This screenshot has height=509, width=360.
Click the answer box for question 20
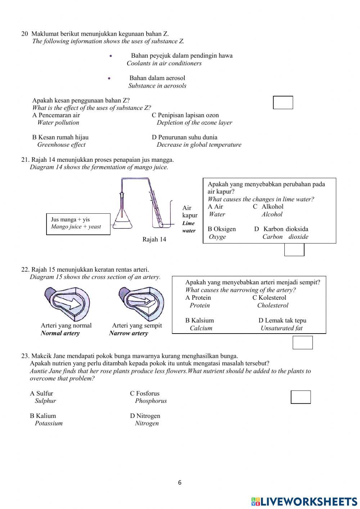[283, 103]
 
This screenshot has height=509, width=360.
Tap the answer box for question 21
[294, 250]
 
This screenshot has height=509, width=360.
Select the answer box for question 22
[302, 343]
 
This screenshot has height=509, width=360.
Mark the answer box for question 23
[301, 397]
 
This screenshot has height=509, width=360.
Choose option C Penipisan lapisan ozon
[185, 115]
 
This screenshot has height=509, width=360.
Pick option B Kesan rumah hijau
[60, 137]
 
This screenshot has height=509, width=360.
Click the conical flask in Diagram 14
[123, 218]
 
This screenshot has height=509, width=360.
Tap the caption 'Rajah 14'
[154, 240]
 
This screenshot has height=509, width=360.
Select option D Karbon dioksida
[281, 229]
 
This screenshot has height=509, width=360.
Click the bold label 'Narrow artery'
[129, 333]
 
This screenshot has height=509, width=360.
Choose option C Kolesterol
[269, 298]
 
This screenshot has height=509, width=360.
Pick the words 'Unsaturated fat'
[282, 328]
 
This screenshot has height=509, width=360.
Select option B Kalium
[43, 416]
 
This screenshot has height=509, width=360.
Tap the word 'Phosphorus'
[151, 401]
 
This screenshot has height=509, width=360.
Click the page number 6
[180, 483]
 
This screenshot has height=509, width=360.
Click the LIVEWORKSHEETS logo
[304, 501]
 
